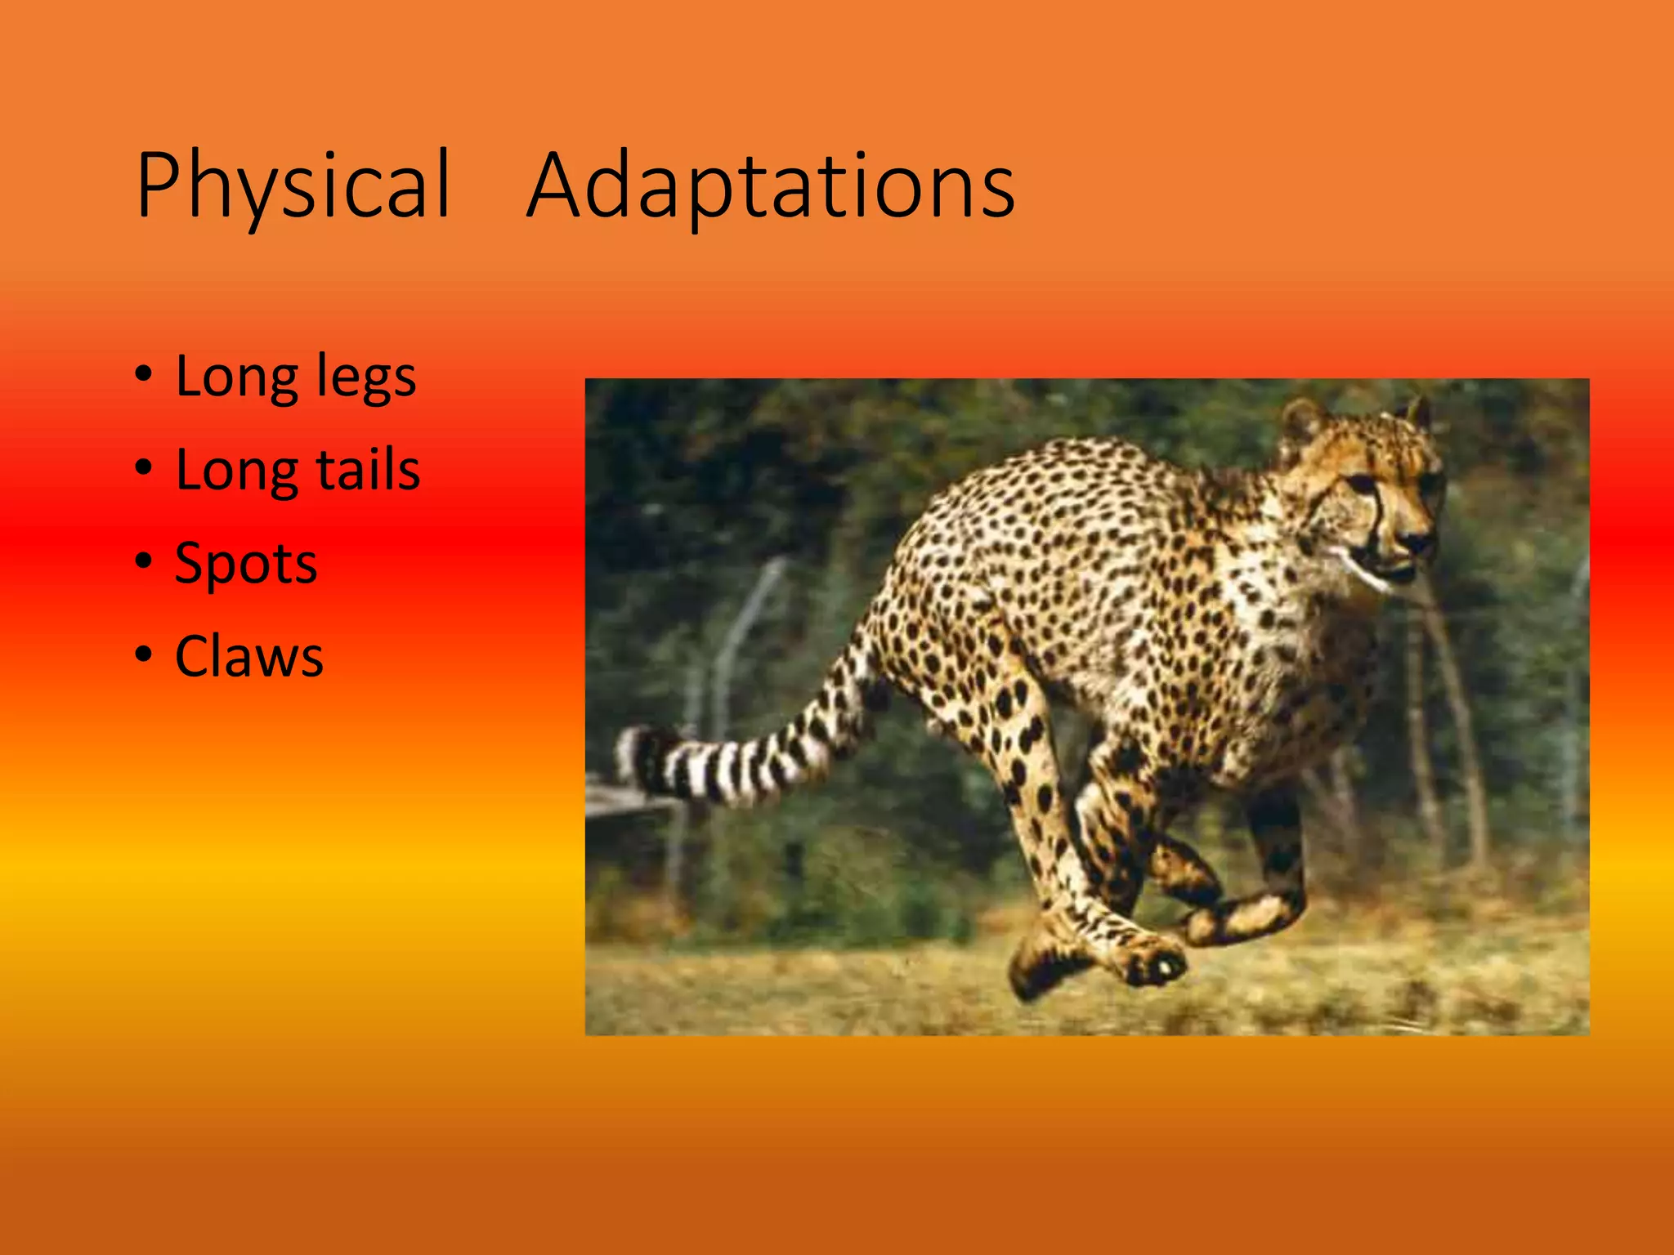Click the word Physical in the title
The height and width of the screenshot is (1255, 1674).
[x=293, y=186]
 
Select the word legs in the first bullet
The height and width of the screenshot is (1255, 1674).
[x=365, y=378]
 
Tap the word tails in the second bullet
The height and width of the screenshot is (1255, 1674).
[x=368, y=471]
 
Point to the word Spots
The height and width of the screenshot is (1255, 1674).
[x=246, y=564]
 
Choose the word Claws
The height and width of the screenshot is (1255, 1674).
[x=249, y=657]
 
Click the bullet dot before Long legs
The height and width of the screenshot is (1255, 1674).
[x=144, y=375]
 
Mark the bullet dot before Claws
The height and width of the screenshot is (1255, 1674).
[x=144, y=654]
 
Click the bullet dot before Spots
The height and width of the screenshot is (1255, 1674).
[x=144, y=561]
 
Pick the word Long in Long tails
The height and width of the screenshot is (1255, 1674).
[x=238, y=471]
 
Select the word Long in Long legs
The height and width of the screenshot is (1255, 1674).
[x=238, y=378]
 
